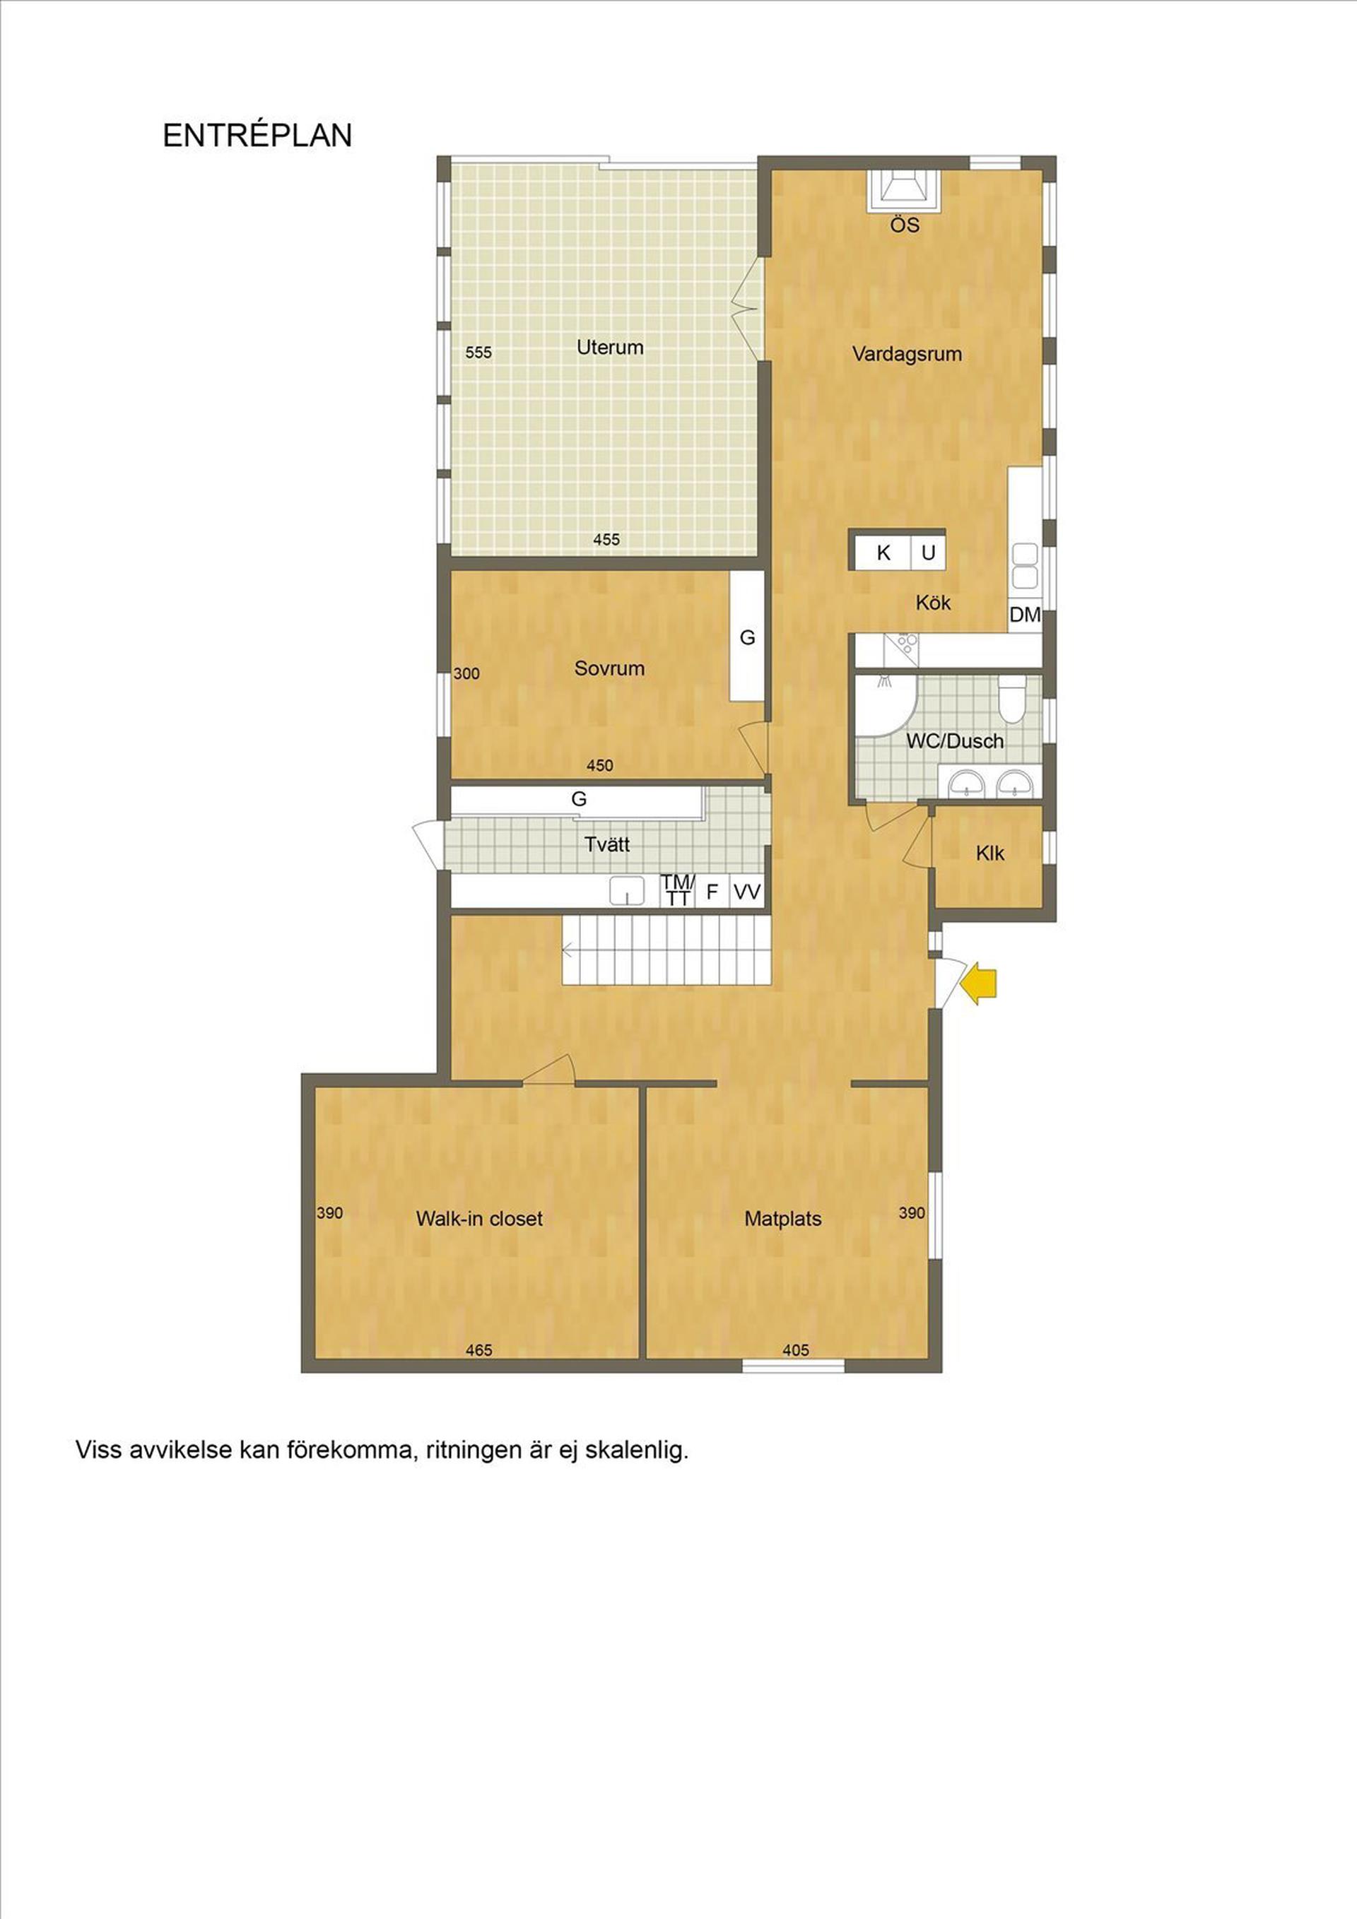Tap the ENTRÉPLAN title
click(x=257, y=136)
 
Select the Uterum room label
click(x=609, y=347)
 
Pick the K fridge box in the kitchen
click(x=882, y=553)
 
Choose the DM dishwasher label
click(x=1024, y=615)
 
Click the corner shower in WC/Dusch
click(x=886, y=704)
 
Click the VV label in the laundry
click(x=746, y=892)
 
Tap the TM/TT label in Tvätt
click(x=677, y=890)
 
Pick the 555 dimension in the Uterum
click(x=478, y=353)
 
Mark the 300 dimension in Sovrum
click(x=466, y=673)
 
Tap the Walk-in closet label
click(x=479, y=1219)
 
